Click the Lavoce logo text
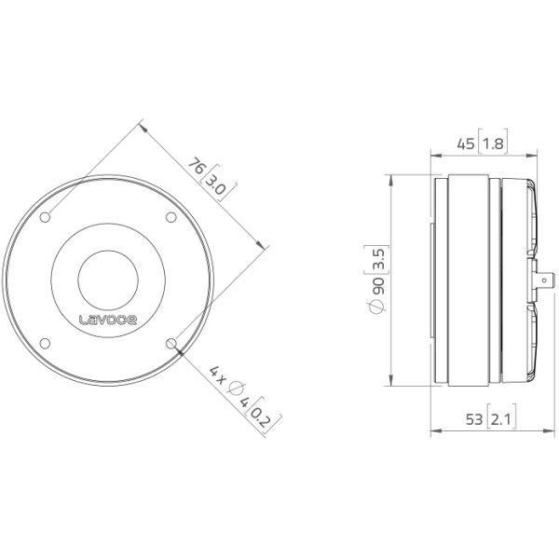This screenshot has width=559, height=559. [108, 320]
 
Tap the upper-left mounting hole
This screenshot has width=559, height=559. [45, 217]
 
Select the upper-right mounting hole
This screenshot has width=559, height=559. [171, 217]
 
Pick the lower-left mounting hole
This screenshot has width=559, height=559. [45, 343]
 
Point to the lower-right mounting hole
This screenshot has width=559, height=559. [171, 343]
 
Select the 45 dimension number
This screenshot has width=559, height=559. [466, 144]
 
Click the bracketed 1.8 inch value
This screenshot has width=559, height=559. [493, 143]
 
